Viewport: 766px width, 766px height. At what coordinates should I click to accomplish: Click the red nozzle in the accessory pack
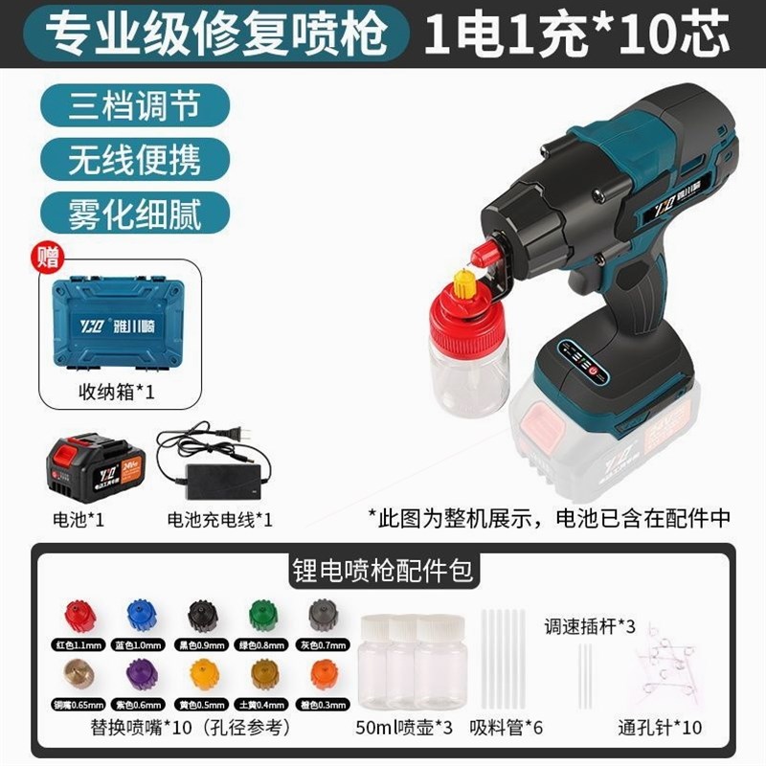(x=79, y=615)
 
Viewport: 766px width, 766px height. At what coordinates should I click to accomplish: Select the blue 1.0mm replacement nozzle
(x=142, y=614)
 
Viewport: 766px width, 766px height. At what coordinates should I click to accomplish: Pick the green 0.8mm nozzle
(x=263, y=614)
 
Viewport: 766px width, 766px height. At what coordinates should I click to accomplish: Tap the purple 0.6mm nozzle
(x=142, y=672)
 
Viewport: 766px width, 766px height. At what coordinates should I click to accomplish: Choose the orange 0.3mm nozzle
(x=325, y=672)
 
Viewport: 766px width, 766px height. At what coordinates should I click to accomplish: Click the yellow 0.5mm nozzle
(x=203, y=672)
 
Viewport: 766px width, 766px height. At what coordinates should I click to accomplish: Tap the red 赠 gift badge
(x=46, y=255)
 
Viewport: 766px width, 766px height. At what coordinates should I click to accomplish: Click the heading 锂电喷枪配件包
(x=383, y=572)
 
